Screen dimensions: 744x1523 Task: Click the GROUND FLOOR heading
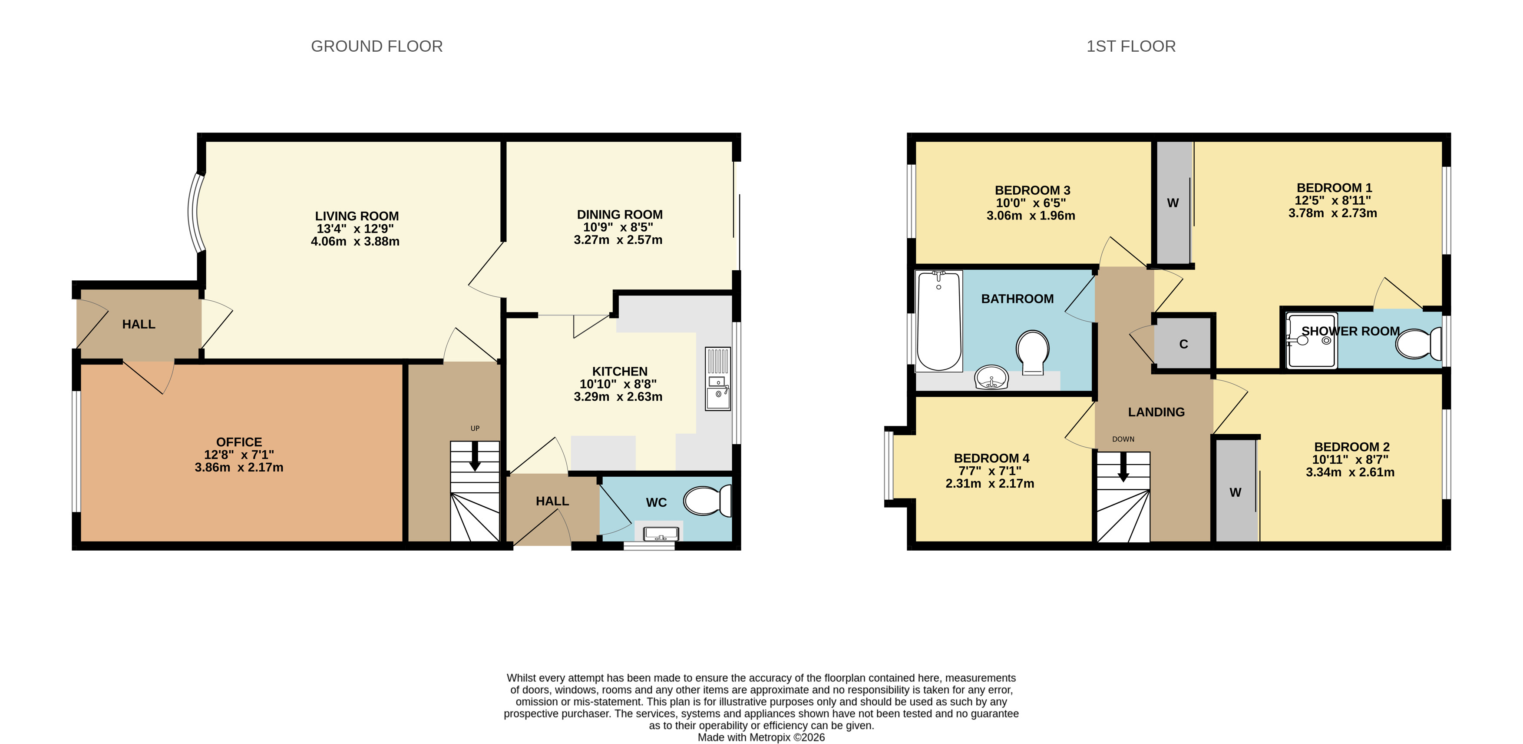(377, 46)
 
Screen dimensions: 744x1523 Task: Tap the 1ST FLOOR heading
(1130, 46)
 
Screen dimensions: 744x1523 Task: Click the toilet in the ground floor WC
(707, 501)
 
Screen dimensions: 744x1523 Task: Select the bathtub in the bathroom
(938, 321)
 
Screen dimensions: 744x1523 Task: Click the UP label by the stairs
(475, 428)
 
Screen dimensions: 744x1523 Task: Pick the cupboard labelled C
(1183, 344)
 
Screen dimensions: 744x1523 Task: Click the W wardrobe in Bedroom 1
(1173, 203)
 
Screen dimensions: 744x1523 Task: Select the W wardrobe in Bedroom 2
(1235, 492)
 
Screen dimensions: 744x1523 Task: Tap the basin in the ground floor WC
(661, 534)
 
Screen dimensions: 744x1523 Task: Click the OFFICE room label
(239, 442)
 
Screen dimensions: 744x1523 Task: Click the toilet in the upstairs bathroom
(1032, 351)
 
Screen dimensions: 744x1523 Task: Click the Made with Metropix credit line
(761, 737)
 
